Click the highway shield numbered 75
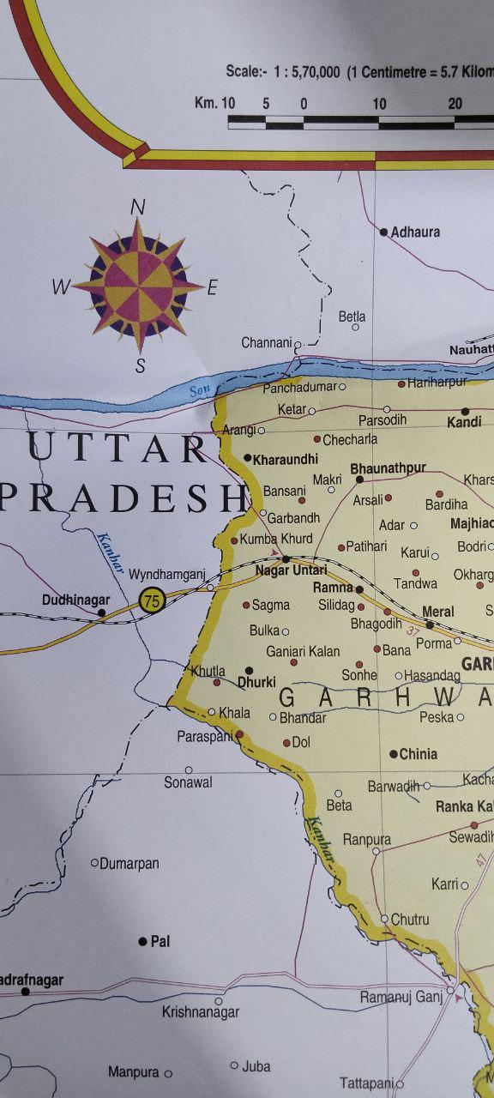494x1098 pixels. [152, 600]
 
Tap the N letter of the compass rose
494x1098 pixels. [137, 207]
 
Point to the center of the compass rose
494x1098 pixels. [138, 284]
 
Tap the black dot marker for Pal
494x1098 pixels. [142, 941]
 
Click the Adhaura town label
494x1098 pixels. [415, 232]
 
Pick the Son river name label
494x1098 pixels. [199, 390]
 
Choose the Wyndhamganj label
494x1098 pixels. [167, 573]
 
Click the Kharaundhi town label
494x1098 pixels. [285, 459]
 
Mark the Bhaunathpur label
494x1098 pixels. [389, 468]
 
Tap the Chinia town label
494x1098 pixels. [419, 754]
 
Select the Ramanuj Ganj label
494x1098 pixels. [401, 997]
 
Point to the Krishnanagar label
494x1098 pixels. [201, 1012]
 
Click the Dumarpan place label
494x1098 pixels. [130, 864]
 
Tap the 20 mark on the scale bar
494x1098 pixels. [455, 104]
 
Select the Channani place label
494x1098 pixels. [266, 342]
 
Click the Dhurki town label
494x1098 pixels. [256, 682]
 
